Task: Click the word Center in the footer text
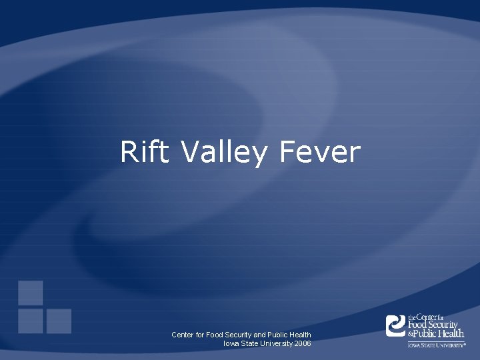coord(183,335)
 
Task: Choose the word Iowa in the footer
coord(231,343)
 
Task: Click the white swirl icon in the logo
coord(396,325)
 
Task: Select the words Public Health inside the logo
coord(440,333)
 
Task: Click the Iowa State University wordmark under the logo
coord(437,345)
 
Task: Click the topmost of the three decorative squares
coord(31,293)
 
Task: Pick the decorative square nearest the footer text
coord(59,321)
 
